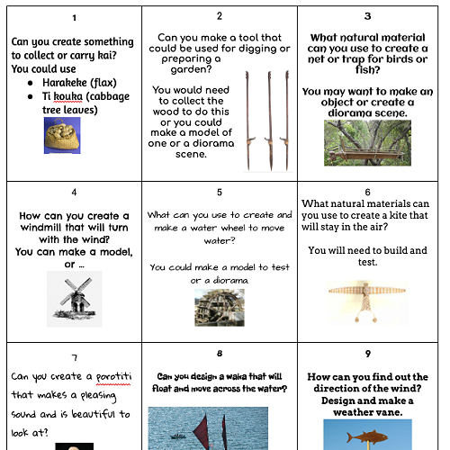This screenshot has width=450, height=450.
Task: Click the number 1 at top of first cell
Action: (x=75, y=18)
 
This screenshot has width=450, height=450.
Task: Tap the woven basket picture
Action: (x=62, y=135)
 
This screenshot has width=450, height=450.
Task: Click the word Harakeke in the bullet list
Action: (x=65, y=82)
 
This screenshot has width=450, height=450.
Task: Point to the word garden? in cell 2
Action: (x=191, y=70)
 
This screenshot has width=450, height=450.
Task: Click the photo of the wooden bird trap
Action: (x=367, y=143)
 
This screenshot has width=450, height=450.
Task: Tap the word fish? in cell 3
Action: (x=368, y=70)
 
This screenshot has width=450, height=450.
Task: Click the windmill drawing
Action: (x=75, y=299)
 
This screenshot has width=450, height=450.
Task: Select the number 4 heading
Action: (x=74, y=193)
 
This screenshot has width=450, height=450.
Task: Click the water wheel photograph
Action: (x=220, y=308)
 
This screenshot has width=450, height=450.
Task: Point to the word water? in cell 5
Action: (x=220, y=240)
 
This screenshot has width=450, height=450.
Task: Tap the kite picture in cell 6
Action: (x=367, y=301)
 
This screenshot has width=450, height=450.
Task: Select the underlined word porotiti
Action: (x=113, y=377)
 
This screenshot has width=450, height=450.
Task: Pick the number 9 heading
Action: (x=368, y=354)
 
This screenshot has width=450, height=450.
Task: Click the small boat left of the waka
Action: (x=178, y=436)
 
